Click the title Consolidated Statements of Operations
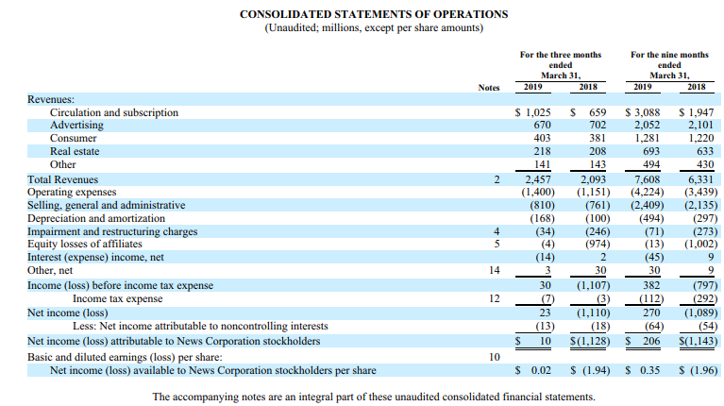tap(374, 14)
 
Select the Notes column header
tap(489, 88)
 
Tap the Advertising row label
tap(76, 126)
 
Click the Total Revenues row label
tap(63, 179)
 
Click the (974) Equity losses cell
tap(598, 244)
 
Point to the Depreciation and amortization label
tap(96, 218)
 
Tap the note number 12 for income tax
tap(494, 299)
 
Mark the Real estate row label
tap(75, 151)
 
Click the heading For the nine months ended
tap(669, 59)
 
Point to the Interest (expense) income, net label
tap(95, 257)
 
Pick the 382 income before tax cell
tap(651, 285)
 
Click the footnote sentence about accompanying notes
tap(374, 397)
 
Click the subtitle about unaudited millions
tap(374, 27)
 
